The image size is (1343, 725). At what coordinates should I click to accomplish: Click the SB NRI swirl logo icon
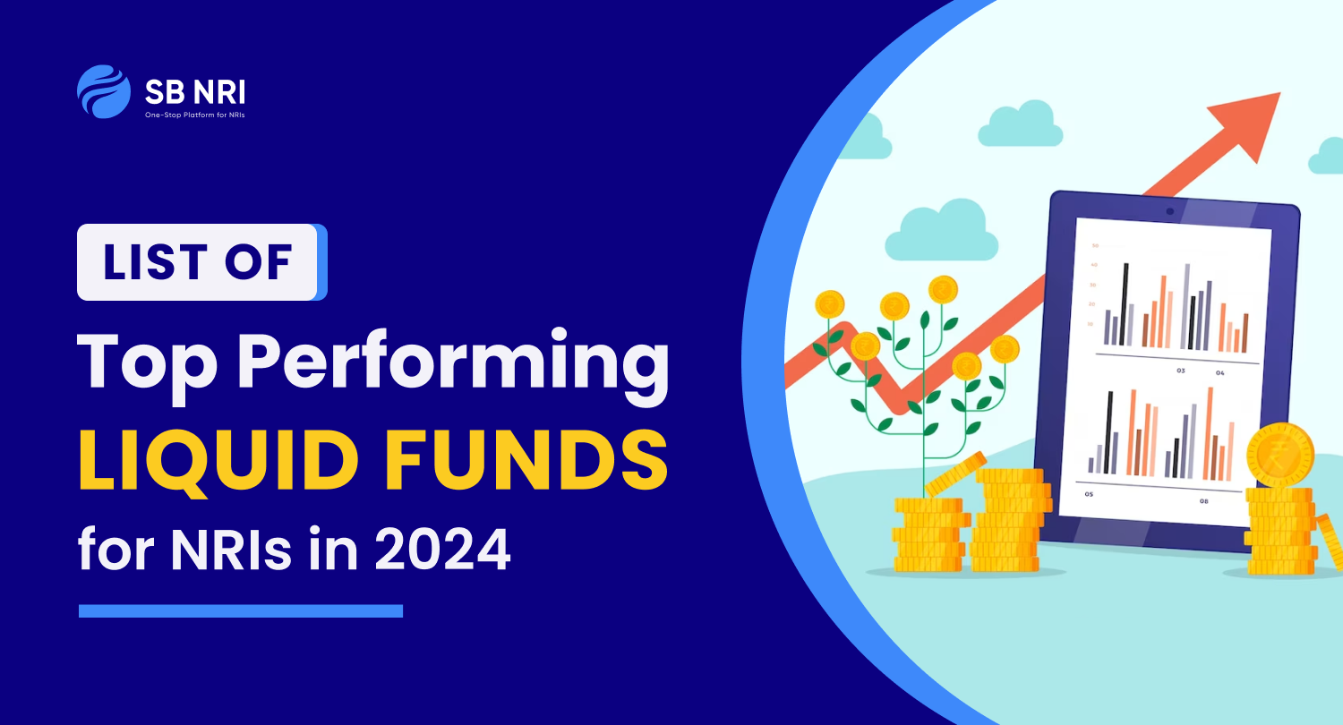pyautogui.click(x=104, y=91)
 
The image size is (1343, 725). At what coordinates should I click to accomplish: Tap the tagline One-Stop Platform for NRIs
pyautogui.click(x=196, y=115)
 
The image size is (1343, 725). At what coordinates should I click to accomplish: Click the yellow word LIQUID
pyautogui.click(x=224, y=457)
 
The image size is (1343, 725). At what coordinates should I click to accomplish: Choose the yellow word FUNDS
pyautogui.click(x=529, y=457)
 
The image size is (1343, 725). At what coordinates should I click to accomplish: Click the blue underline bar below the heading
pyautogui.click(x=241, y=610)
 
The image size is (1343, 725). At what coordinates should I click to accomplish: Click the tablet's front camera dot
pyautogui.click(x=1169, y=211)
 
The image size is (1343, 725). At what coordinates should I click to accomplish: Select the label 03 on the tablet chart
pyautogui.click(x=1181, y=370)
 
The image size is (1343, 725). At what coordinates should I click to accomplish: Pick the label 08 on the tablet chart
pyautogui.click(x=1203, y=500)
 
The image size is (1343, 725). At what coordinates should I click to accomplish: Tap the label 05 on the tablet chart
pyautogui.click(x=1088, y=493)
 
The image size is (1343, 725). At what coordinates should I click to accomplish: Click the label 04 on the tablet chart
pyautogui.click(x=1219, y=371)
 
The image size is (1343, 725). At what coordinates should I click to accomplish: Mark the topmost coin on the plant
pyautogui.click(x=943, y=288)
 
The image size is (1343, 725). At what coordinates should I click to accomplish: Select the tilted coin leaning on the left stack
pyautogui.click(x=954, y=473)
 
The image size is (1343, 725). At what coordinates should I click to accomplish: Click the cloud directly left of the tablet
pyautogui.click(x=939, y=231)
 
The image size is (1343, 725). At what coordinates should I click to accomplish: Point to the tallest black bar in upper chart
pyautogui.click(x=1125, y=304)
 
